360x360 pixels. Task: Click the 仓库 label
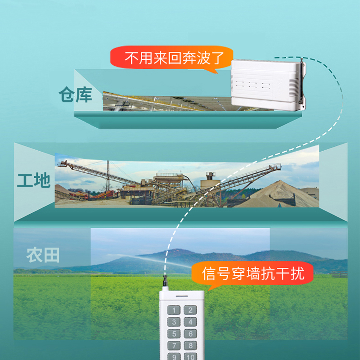75,95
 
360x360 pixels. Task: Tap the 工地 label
34,181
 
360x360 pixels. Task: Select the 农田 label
43,256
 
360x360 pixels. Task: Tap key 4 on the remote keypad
191,322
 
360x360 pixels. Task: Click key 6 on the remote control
191,334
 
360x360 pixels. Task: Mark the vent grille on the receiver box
294,85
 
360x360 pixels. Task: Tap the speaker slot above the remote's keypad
183,297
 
